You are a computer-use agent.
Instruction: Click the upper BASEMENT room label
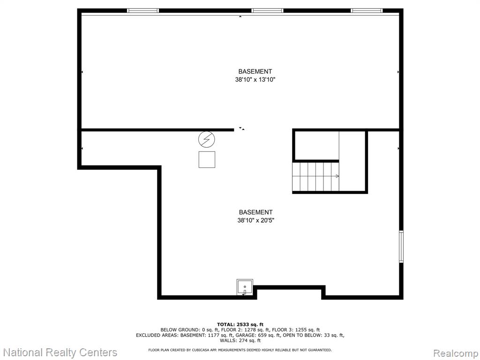click(255, 71)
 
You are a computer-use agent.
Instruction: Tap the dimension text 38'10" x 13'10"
click(255, 80)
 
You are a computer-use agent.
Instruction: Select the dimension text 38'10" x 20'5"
click(255, 220)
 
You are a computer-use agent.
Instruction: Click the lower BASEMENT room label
click(255, 212)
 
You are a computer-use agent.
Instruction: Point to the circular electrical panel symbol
click(207, 140)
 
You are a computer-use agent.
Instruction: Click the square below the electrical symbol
click(207, 159)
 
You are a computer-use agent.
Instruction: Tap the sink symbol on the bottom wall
click(245, 287)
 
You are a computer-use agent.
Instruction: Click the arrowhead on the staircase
click(337, 176)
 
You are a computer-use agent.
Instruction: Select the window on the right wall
click(401, 247)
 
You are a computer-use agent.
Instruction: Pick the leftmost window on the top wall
click(143, 11)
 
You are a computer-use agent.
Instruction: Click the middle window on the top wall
click(267, 11)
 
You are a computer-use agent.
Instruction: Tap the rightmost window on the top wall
click(367, 11)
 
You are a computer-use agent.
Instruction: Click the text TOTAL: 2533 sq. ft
click(240, 324)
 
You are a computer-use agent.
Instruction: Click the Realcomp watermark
click(456, 353)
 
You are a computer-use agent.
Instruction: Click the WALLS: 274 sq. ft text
click(240, 340)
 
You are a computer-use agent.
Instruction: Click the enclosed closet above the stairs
click(316, 145)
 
